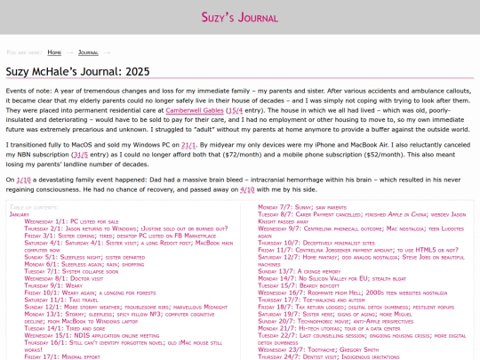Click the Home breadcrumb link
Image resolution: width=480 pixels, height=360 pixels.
54,52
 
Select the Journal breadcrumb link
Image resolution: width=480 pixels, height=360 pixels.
88,52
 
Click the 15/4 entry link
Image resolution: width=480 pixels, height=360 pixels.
235,109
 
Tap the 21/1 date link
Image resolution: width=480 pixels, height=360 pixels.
188,143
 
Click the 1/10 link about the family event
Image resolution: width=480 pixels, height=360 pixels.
23,179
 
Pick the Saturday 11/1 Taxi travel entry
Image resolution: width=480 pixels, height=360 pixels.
60,324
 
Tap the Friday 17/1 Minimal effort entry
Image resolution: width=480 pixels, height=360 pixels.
56,356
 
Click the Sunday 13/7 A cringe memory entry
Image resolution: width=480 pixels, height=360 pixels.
300,270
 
